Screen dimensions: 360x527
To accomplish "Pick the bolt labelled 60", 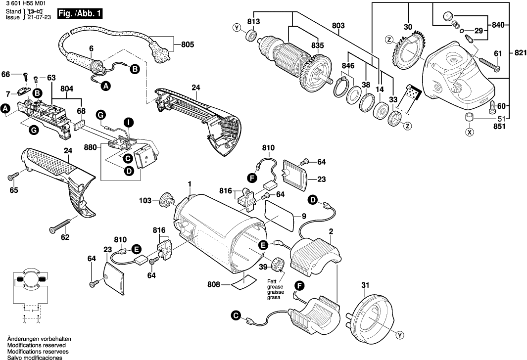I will pyautogui.click(x=492, y=106).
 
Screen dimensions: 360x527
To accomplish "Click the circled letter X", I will pyautogui.click(x=468, y=132).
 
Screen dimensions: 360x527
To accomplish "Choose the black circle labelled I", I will pyautogui.click(x=128, y=122).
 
